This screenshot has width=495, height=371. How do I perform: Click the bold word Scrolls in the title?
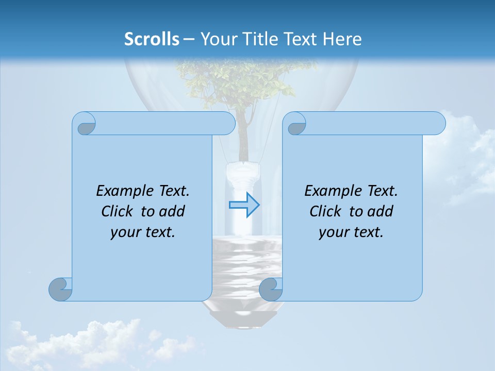click(x=152, y=39)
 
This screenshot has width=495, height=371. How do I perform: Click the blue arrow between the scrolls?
click(x=244, y=205)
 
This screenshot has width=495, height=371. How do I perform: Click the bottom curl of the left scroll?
click(x=61, y=289)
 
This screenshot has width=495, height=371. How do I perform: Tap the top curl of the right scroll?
click(x=296, y=124)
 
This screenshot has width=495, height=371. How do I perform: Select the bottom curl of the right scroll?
click(x=271, y=289)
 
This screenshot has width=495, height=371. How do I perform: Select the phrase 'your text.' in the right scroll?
click(x=351, y=232)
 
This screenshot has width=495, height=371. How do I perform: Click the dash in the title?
click(x=189, y=39)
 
